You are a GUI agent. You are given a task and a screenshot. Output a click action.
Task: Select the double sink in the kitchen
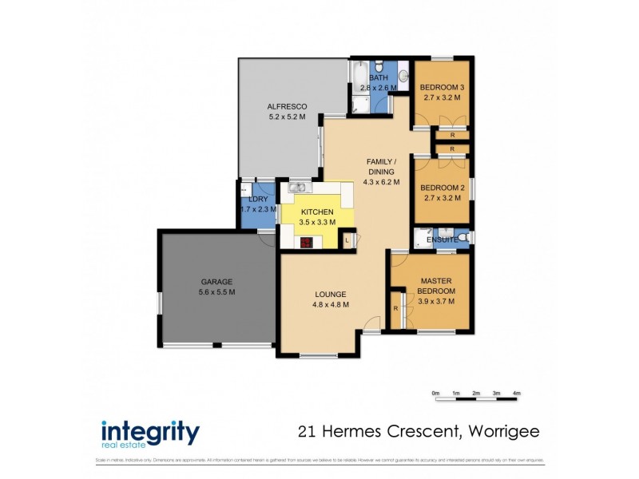(298, 188)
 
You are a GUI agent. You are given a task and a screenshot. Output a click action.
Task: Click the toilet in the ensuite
(462, 237)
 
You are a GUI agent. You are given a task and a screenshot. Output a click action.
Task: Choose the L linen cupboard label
(347, 239)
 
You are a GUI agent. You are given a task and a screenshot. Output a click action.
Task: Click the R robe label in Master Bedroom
(395, 308)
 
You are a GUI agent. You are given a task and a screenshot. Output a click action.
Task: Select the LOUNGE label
(331, 293)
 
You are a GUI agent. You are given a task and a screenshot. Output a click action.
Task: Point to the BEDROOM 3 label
(441, 87)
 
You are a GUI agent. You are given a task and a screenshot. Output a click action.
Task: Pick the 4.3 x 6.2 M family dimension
(381, 181)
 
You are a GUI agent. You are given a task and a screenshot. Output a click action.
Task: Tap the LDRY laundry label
(257, 199)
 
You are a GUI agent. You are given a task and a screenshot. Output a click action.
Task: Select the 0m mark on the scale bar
(435, 393)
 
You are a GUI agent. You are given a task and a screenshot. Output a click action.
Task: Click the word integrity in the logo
(149, 433)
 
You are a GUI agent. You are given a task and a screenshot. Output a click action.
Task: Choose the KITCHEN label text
(317, 212)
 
